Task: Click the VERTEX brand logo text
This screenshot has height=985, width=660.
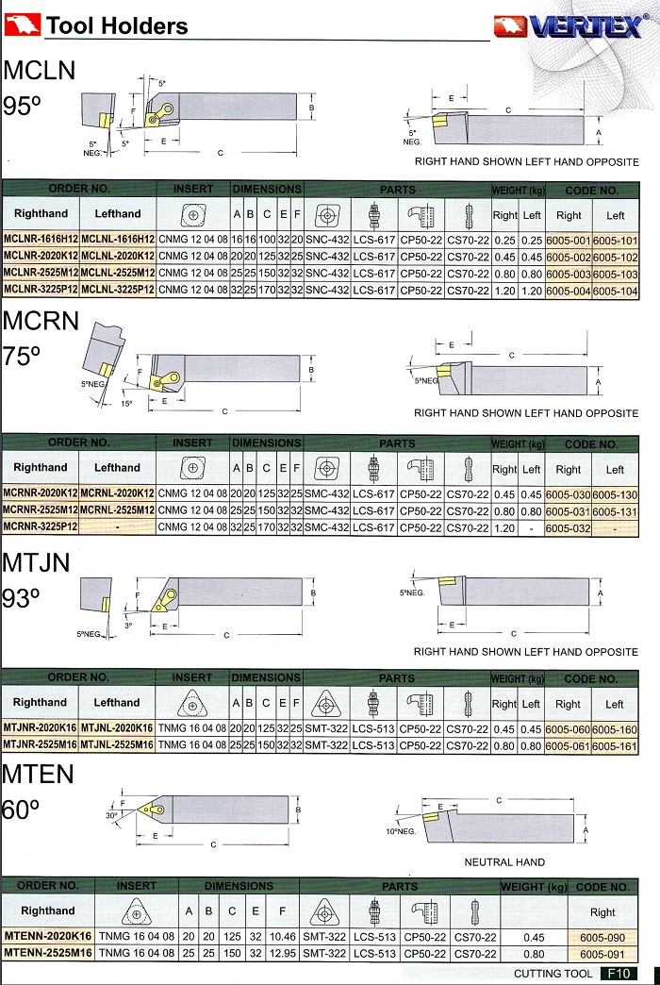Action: pos(585,27)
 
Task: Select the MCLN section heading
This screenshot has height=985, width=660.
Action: pos(40,71)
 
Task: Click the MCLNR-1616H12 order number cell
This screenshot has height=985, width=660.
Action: pos(41,240)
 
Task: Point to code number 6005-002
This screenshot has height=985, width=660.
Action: pos(569,257)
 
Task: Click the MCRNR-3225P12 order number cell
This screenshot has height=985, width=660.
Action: pos(41,526)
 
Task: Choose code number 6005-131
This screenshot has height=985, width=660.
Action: pos(616,509)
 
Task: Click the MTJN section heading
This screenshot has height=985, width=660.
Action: pos(38,564)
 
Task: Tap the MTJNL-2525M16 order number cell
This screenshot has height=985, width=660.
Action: pos(117,745)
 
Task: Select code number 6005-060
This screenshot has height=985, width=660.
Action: pos(569,728)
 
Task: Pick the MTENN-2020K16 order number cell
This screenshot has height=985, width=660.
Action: pos(47,936)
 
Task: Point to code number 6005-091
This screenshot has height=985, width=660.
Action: pos(602,953)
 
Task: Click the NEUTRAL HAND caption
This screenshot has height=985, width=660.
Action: pos(504,862)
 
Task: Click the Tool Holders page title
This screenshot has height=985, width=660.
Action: pos(117,26)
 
